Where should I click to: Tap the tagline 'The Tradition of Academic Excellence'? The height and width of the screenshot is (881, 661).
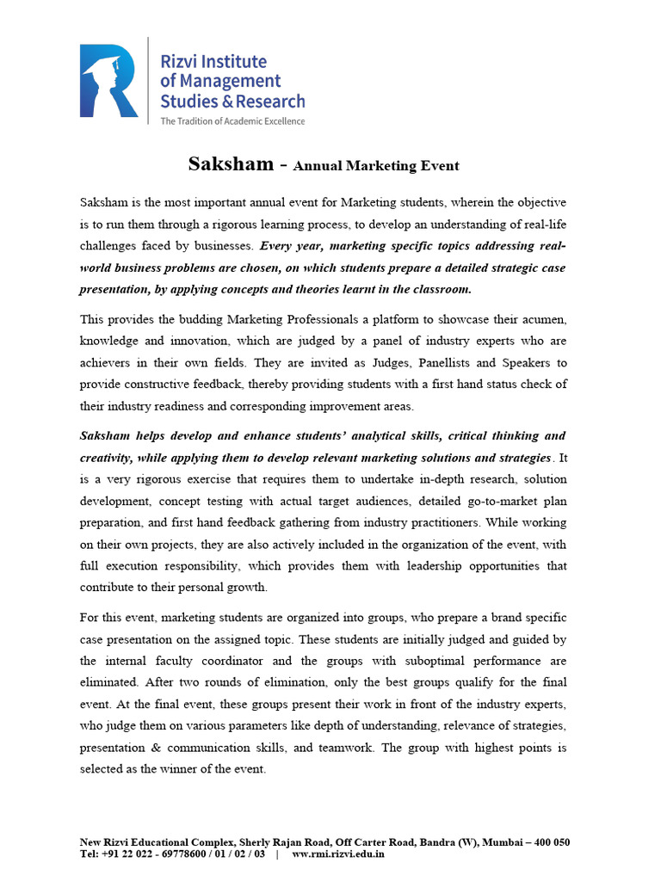click(x=232, y=121)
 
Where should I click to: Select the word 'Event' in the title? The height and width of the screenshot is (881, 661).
click(x=439, y=166)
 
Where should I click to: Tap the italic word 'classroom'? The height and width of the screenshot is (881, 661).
click(x=436, y=289)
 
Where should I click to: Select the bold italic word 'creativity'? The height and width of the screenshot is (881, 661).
click(x=108, y=457)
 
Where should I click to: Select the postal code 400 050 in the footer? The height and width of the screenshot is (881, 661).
click(x=549, y=841)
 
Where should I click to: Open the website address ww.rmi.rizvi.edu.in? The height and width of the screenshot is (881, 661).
click(x=338, y=853)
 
